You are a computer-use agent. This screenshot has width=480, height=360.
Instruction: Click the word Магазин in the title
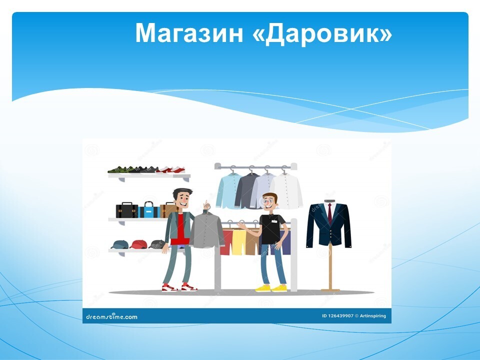(189, 33)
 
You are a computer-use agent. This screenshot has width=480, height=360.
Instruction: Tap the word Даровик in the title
(322, 33)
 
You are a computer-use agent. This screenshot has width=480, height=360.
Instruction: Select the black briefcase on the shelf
(126, 210)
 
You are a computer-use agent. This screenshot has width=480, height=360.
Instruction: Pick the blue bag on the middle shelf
(149, 209)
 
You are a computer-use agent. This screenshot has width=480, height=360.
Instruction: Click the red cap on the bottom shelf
(138, 244)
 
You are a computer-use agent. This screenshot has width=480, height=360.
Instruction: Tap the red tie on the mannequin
(329, 213)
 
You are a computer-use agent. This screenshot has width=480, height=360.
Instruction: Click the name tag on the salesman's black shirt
(274, 221)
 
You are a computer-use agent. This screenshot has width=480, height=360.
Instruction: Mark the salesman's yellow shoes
(271, 288)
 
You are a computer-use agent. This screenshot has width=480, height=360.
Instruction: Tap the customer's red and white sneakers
(179, 288)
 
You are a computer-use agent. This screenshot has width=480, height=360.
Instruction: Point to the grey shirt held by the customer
(207, 230)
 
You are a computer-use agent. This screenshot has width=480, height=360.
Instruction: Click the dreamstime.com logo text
(111, 316)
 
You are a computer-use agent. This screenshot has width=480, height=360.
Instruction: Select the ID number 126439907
(338, 316)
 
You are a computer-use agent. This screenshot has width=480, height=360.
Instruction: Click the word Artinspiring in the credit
(373, 316)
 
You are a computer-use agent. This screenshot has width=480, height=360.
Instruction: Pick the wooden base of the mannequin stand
(330, 290)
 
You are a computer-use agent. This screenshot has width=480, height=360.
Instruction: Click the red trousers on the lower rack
(226, 242)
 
